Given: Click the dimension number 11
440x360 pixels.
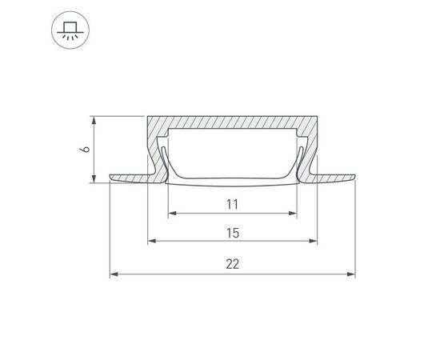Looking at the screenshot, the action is point(232,204).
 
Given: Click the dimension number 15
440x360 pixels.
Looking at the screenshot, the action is point(233,233).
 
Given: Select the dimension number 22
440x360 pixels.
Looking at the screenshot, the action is point(233,264).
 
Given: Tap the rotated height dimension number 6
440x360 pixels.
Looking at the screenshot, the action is point(85,150).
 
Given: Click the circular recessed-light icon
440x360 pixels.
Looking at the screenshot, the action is point(70,30).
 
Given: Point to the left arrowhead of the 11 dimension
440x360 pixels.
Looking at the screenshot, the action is point(172,214).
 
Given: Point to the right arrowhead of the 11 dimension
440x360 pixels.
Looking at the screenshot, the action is point(293,214).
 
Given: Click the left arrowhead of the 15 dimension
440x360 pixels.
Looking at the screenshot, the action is point(152,241).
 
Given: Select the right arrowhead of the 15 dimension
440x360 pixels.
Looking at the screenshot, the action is point(313,241).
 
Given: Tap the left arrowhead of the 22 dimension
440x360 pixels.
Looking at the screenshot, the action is point(114,274).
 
